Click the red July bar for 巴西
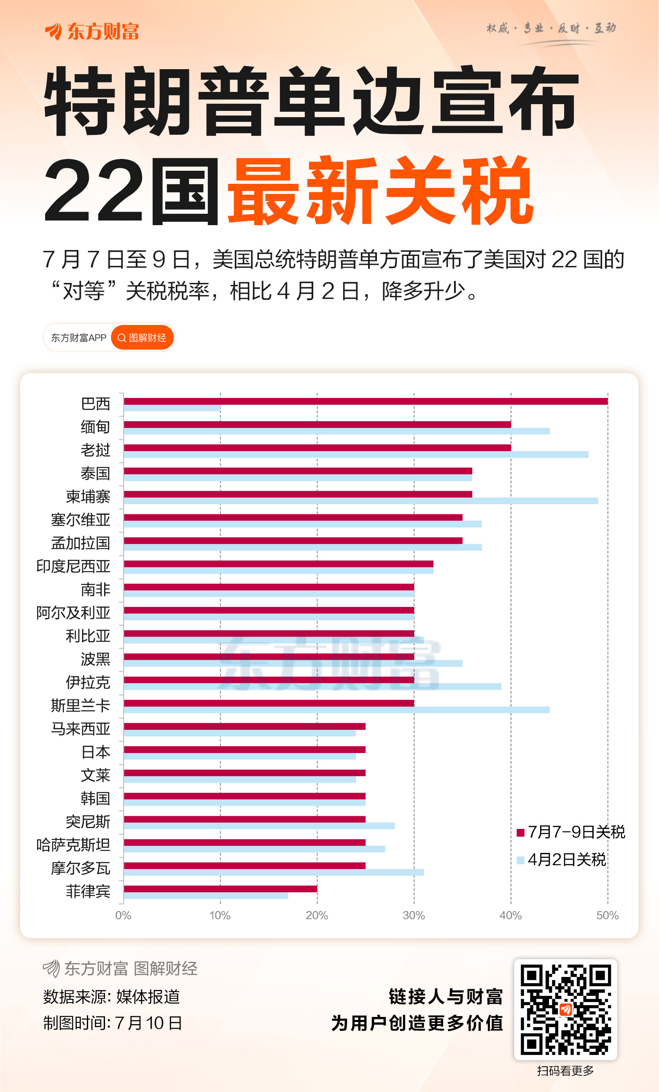366,401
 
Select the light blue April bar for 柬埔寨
361,501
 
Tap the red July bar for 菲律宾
220,889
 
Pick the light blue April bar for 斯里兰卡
337,710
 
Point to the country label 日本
96,752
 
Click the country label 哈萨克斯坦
73,845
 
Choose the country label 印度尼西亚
73,566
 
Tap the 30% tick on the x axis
414,916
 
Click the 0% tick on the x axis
123,916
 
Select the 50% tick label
607,916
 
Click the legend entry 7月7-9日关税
571,832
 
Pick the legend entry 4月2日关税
562,860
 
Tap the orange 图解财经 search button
142,338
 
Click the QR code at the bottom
565,1009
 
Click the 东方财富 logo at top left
92,32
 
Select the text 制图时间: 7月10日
113,1023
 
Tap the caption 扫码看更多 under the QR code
565,1071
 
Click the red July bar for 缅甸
317,425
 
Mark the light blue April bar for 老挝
356,454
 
